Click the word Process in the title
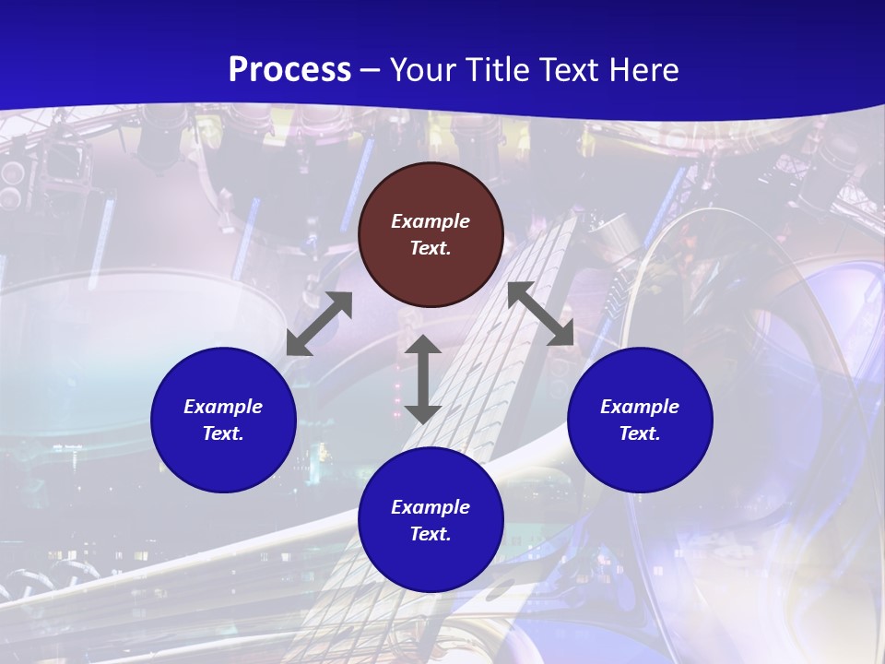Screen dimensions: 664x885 tap(289, 70)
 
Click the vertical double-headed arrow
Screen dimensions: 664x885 tap(423, 379)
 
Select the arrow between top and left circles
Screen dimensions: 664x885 tap(319, 324)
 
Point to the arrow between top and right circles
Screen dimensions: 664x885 tap(540, 314)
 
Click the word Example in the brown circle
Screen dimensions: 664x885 tap(431, 221)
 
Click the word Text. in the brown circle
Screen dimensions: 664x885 tap(431, 248)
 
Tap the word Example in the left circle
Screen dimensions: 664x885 tap(223, 407)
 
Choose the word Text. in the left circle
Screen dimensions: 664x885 tap(223, 433)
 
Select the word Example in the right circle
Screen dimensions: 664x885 tap(640, 407)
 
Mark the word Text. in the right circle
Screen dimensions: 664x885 tap(640, 433)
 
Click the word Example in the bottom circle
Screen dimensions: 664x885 tap(431, 507)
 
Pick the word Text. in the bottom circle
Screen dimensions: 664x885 tap(431, 534)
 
